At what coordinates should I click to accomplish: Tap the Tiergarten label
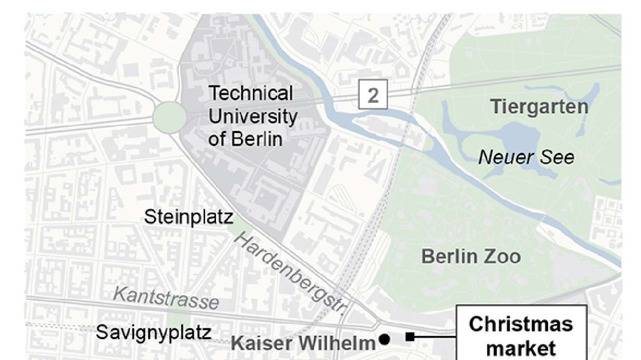(x=539, y=107)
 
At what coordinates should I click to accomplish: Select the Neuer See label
(x=526, y=157)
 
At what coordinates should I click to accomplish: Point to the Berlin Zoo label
(x=470, y=257)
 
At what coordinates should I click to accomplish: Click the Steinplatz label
(x=188, y=217)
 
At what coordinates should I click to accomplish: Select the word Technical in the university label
(x=251, y=93)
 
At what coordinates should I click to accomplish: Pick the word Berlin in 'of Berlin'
(x=256, y=139)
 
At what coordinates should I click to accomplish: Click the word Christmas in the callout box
(x=520, y=324)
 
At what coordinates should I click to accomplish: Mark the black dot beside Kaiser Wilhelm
(x=385, y=340)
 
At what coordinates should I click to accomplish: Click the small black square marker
(x=410, y=337)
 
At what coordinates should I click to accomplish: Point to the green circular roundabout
(x=169, y=117)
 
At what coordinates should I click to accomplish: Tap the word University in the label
(x=253, y=116)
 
